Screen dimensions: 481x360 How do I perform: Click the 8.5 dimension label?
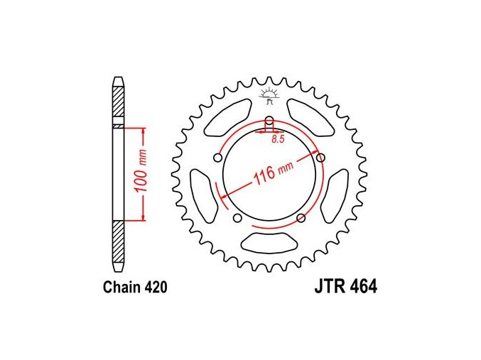(278, 139)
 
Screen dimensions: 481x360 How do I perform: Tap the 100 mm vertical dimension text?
(141, 171)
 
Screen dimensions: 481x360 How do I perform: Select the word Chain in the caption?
(119, 287)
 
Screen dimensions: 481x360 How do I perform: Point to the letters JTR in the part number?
(329, 287)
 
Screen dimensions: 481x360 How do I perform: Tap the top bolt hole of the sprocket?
(269, 120)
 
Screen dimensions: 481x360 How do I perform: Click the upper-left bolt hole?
(218, 158)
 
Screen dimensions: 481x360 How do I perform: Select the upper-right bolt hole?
(320, 158)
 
